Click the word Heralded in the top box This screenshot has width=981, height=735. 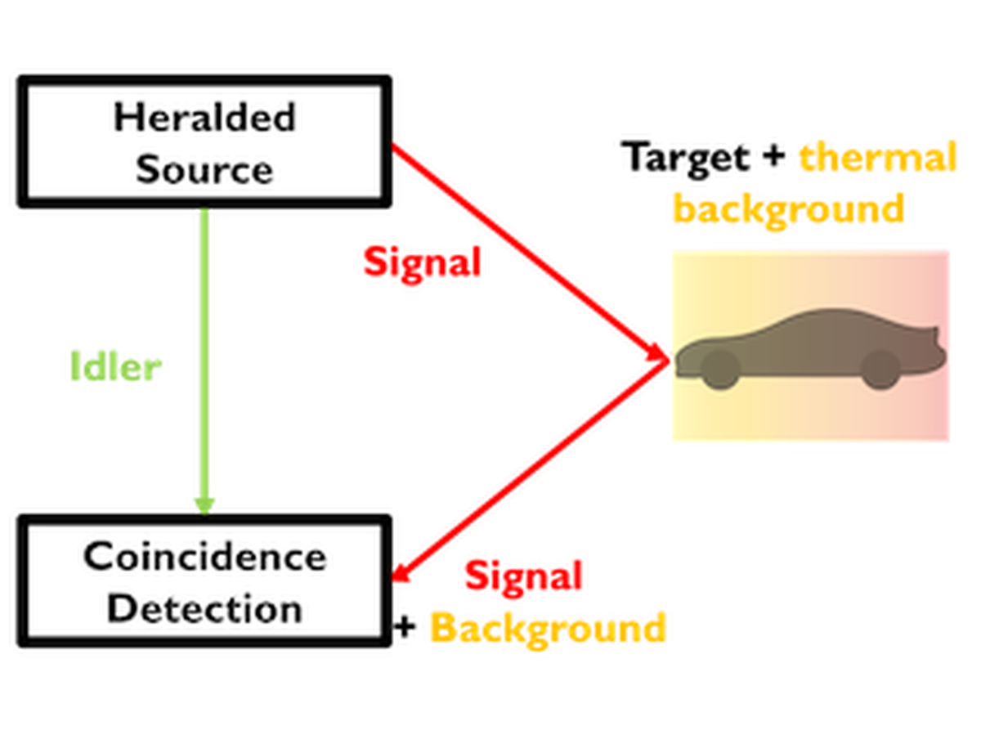point(204,118)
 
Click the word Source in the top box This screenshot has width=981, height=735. point(204,169)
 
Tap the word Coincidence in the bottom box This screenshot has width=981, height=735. point(204,558)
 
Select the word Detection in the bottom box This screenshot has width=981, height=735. point(204,610)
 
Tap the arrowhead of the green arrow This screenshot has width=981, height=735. point(204,500)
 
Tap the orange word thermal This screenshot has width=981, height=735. point(872,155)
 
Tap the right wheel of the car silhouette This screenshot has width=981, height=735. point(880,369)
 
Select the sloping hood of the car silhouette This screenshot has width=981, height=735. point(736,335)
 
